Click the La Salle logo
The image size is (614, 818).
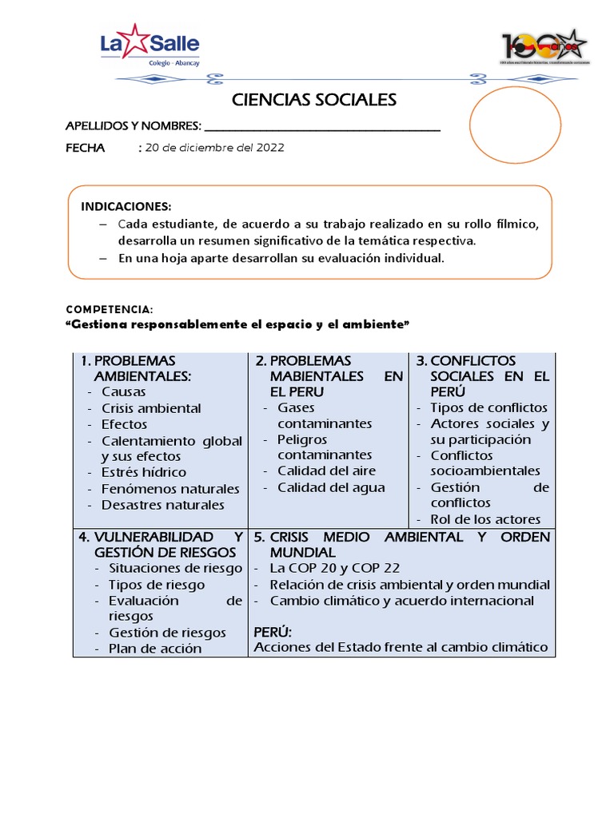150,46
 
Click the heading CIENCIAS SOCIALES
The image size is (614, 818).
313,100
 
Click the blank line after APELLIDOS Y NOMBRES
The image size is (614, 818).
322,126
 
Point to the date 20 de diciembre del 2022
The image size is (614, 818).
213,148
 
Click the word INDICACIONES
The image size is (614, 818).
126,206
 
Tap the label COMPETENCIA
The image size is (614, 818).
108,309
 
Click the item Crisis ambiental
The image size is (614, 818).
151,408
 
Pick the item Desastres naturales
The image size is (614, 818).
162,505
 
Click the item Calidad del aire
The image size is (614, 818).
326,471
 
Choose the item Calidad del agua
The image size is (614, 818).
331,487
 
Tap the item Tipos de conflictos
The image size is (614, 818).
488,408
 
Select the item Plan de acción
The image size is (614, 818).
155,648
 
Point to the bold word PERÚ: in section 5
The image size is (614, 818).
273,631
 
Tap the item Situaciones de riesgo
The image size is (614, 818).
175,568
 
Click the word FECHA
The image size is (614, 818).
85,148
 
